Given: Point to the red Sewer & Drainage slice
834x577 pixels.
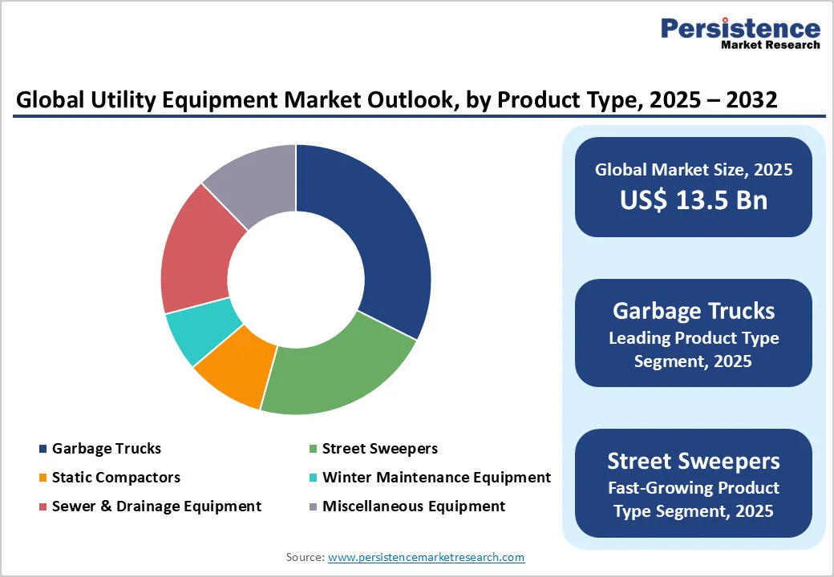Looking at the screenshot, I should [x=196, y=252].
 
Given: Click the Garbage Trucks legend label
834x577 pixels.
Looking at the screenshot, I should [x=107, y=449].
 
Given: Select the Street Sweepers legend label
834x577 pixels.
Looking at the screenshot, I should [x=379, y=449].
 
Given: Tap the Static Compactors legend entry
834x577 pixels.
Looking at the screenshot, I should [x=116, y=478].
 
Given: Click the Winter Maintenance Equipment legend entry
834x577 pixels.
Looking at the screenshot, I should [x=436, y=478].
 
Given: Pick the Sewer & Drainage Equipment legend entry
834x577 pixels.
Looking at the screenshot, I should [x=156, y=506].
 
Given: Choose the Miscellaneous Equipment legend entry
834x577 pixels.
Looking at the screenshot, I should [x=414, y=506].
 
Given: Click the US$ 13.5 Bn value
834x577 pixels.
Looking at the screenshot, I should [x=694, y=200].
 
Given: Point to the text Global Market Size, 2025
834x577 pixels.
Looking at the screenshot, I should [x=694, y=170].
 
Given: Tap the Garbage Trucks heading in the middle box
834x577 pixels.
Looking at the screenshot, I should [x=694, y=311].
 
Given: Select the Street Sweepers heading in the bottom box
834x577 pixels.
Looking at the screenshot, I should [x=694, y=461].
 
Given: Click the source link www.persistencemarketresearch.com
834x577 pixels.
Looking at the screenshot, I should [x=427, y=557].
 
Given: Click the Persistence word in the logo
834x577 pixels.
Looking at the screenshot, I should [x=740, y=29].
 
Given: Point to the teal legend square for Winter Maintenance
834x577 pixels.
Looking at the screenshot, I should [x=313, y=478].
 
